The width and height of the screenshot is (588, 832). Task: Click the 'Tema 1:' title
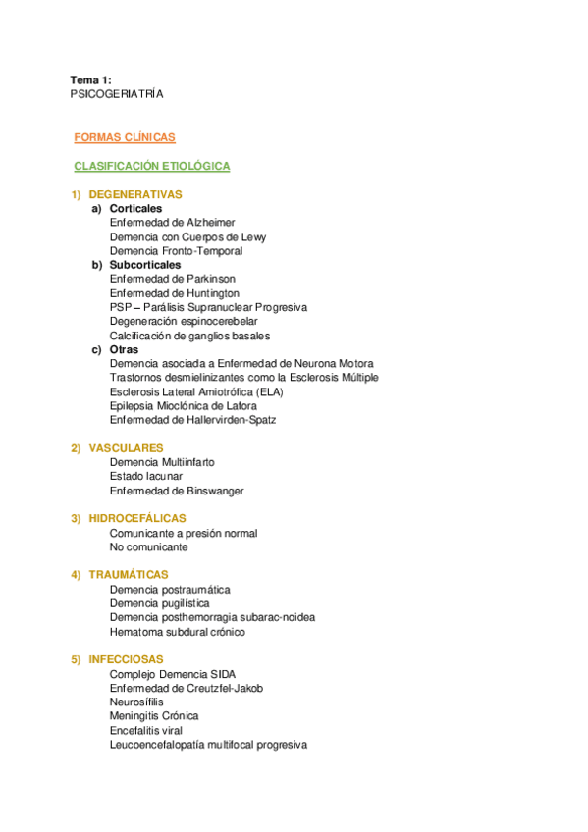(90, 79)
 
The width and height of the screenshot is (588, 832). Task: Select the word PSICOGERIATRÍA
(117, 94)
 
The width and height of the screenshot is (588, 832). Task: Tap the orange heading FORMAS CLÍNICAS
(125, 138)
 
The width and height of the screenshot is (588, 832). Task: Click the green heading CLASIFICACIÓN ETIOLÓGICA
(152, 167)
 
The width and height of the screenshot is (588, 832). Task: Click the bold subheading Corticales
(135, 209)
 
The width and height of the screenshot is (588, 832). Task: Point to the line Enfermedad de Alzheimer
(172, 223)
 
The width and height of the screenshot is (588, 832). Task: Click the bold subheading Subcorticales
(145, 265)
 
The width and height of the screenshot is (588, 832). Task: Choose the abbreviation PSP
(120, 307)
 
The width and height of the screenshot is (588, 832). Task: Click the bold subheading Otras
(124, 349)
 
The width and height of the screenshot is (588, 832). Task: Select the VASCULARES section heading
(126, 448)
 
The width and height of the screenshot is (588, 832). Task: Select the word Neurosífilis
(137, 702)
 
